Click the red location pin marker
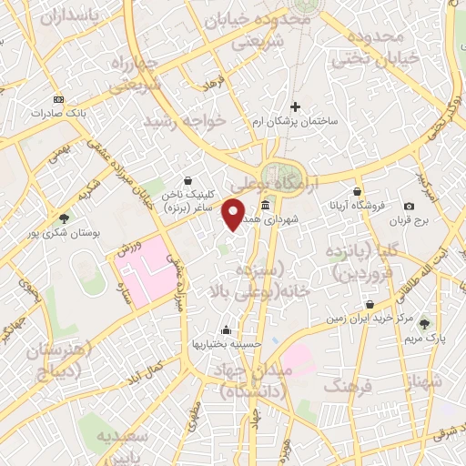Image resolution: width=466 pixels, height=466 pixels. tap(234, 214)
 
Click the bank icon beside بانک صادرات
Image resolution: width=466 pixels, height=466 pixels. tap(59, 98)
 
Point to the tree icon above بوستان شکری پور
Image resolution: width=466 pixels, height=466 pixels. tap(63, 218)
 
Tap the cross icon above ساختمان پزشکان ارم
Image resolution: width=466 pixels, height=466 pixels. tap(295, 106)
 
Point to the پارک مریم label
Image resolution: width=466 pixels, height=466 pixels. tap(424, 339)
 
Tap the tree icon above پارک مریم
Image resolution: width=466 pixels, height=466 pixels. tap(424, 323)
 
